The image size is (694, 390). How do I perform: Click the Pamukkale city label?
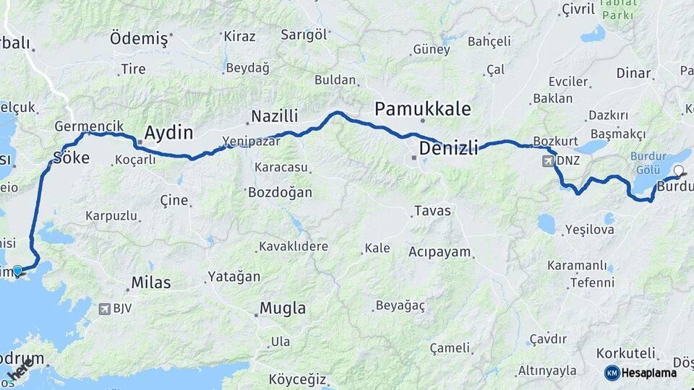pyautogui.click(x=423, y=109)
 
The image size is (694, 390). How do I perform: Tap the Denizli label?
pyautogui.click(x=449, y=149)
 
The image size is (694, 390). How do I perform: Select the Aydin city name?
pyautogui.click(x=169, y=133)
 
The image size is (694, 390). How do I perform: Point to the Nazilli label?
pyautogui.click(x=275, y=116)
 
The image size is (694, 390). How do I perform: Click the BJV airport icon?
pyautogui.click(x=106, y=310)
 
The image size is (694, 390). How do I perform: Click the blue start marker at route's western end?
pyautogui.click(x=17, y=271)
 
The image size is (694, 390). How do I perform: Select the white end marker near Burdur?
pyautogui.click(x=678, y=171)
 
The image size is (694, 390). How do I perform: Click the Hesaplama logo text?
pyautogui.click(x=648, y=373)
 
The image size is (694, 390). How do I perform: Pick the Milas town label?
pyautogui.click(x=151, y=283)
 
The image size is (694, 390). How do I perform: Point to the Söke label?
pyautogui.click(x=72, y=157)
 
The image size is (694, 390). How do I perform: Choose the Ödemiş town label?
pyautogui.click(x=139, y=39)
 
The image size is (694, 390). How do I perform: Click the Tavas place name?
pyautogui.click(x=432, y=211)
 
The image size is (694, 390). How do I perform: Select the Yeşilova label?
pyautogui.click(x=589, y=230)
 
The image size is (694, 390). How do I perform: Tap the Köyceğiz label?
pyautogui.click(x=298, y=379)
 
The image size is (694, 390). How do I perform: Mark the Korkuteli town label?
pyautogui.click(x=626, y=354)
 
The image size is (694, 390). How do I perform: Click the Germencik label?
pyautogui.click(x=84, y=126)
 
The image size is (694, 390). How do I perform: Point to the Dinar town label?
pyautogui.click(x=633, y=73)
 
